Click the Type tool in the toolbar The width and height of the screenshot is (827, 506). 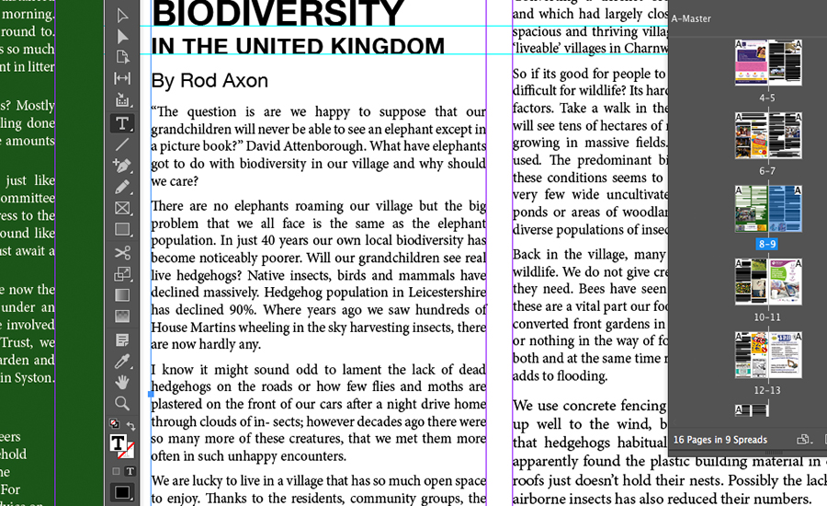coord(122,122)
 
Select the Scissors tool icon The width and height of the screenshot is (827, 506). coord(122,252)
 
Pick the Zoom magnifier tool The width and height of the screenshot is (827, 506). coord(122,403)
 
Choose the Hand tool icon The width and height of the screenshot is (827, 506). coord(122,382)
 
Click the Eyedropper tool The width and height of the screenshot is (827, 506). coord(122,361)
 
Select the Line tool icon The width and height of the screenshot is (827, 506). coord(122,144)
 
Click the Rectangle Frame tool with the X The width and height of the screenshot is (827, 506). coord(122,208)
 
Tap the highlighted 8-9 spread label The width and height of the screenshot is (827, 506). coord(767,244)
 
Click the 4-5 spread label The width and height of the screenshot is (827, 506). coord(767,98)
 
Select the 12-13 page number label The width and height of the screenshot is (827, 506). coord(767,390)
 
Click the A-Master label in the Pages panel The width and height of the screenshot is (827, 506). coord(691,18)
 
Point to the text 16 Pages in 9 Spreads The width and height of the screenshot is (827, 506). coord(719,440)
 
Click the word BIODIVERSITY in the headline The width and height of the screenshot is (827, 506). coord(278,13)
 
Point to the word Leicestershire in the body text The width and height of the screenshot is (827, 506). coord(433,293)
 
